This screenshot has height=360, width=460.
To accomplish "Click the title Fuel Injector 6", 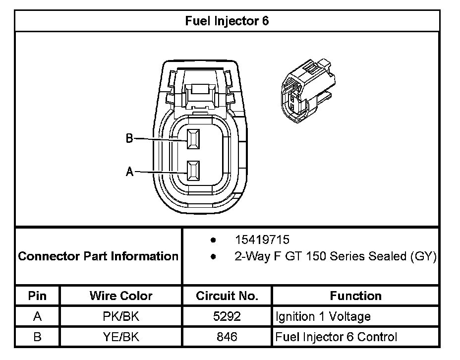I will (x=227, y=21).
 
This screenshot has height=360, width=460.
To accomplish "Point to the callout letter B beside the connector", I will (x=129, y=139).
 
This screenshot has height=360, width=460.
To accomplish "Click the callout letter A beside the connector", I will (x=129, y=172).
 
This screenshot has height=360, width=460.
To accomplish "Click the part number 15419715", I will (x=262, y=240).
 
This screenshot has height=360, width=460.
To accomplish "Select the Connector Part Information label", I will (x=98, y=256).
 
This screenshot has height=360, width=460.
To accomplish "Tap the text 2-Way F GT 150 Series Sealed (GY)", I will (x=335, y=257).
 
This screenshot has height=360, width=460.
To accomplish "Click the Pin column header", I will (x=37, y=296).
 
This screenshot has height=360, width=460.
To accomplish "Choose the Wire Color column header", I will (x=121, y=296).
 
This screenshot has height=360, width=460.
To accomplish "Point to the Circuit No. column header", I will (x=227, y=296).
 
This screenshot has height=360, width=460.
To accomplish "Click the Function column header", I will (x=355, y=296).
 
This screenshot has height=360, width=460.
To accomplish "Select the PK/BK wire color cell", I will (x=121, y=316).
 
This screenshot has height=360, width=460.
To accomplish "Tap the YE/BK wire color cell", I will (x=121, y=337).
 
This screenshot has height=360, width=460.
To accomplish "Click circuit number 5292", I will (x=227, y=316).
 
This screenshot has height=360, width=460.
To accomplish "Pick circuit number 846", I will (x=227, y=337).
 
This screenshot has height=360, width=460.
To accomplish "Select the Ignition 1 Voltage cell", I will (x=323, y=316).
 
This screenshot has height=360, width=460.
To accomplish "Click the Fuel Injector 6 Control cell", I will (x=336, y=337).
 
